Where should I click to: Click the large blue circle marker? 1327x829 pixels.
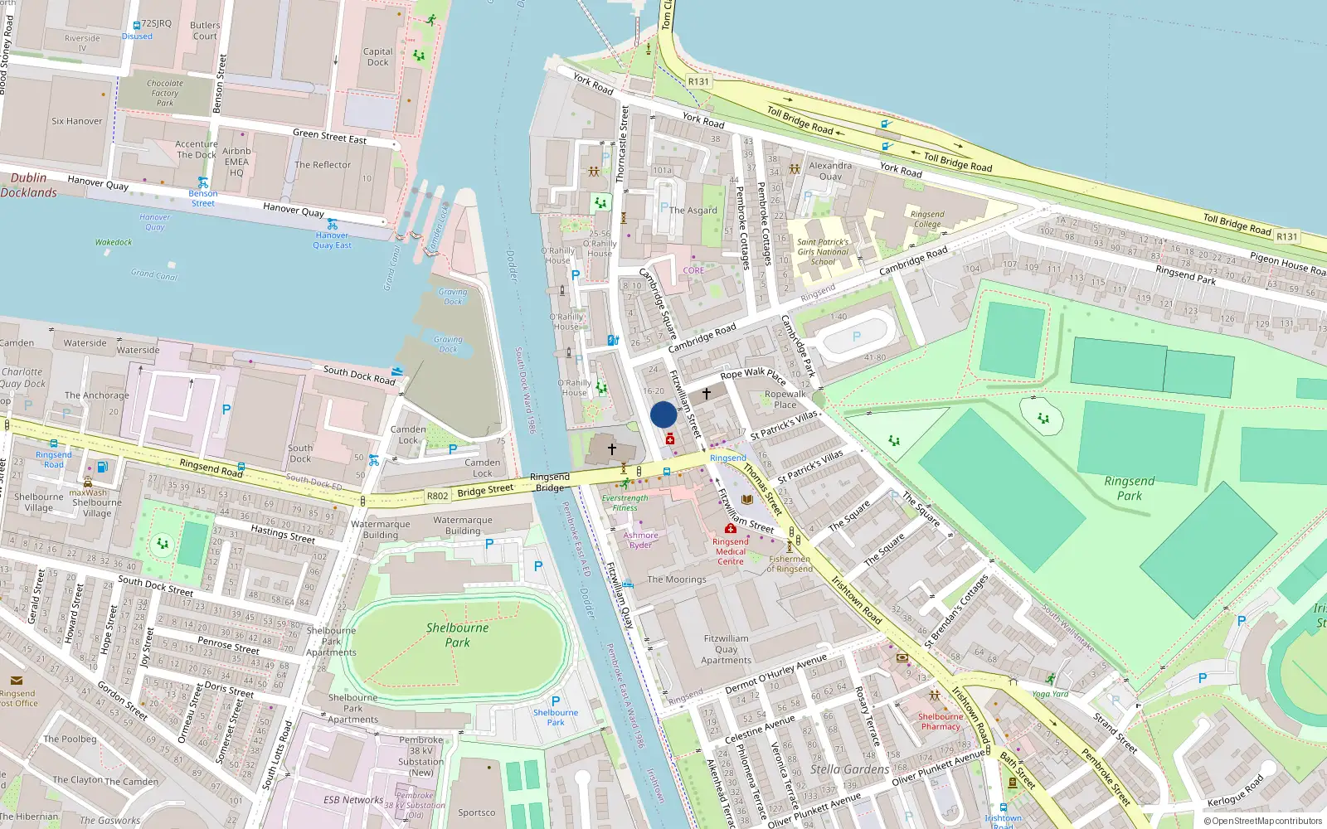pos(663,414)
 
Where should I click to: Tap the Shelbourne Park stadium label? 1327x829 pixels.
pos(457,635)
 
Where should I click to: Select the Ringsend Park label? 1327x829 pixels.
pos(1129,488)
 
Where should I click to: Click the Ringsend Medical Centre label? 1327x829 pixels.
pos(730,551)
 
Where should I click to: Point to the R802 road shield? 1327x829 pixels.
pos(437,496)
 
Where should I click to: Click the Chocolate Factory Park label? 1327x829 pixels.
pos(165,93)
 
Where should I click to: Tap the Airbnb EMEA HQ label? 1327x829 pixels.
pos(236,162)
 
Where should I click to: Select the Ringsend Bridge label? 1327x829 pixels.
pos(550,482)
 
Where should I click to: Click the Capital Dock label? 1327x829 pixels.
pos(377,56)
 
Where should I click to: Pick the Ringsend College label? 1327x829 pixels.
pos(927,219)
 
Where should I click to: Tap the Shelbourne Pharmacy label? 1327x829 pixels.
pos(941,721)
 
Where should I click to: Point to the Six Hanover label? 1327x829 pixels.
pos(77,121)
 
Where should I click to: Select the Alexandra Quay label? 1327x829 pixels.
pos(830,171)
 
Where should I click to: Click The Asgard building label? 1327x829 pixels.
pos(693,211)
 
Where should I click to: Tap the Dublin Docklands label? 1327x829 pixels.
pos(29,185)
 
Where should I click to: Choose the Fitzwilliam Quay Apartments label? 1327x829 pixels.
pos(726,649)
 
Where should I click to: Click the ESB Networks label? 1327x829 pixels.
pos(353,800)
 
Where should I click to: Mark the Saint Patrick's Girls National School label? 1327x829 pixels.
pos(823,252)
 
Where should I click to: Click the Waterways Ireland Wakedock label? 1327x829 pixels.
pos(114,242)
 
